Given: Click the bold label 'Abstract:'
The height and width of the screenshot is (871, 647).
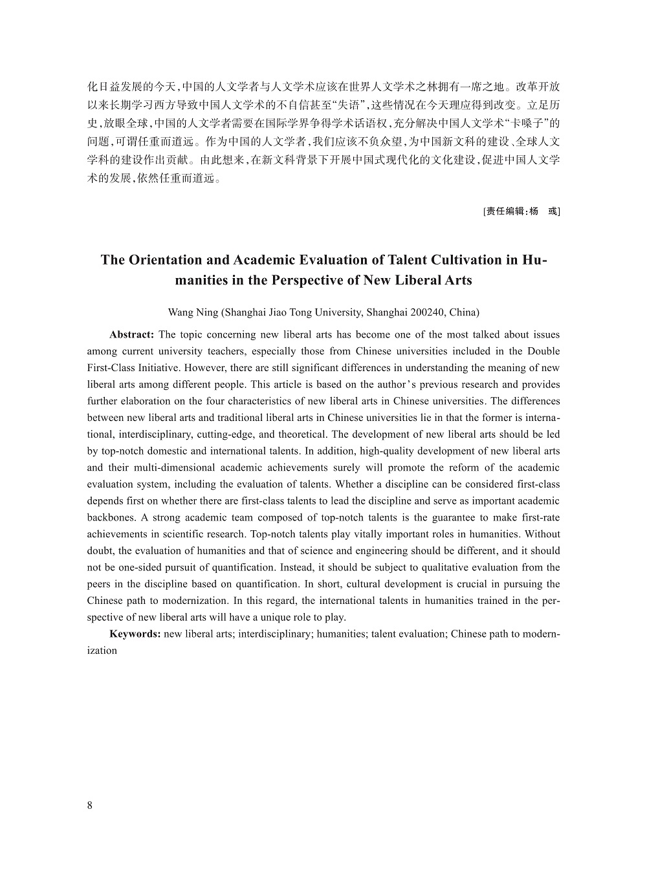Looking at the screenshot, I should click(131, 334).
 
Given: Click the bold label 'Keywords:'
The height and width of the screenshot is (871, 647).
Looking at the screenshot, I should click(135, 634).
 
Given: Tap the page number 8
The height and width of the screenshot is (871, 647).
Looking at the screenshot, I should click(90, 805).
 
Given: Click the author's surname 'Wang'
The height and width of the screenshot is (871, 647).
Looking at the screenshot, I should click(181, 312).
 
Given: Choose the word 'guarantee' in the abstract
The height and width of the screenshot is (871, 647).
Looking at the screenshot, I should click(452, 517).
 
